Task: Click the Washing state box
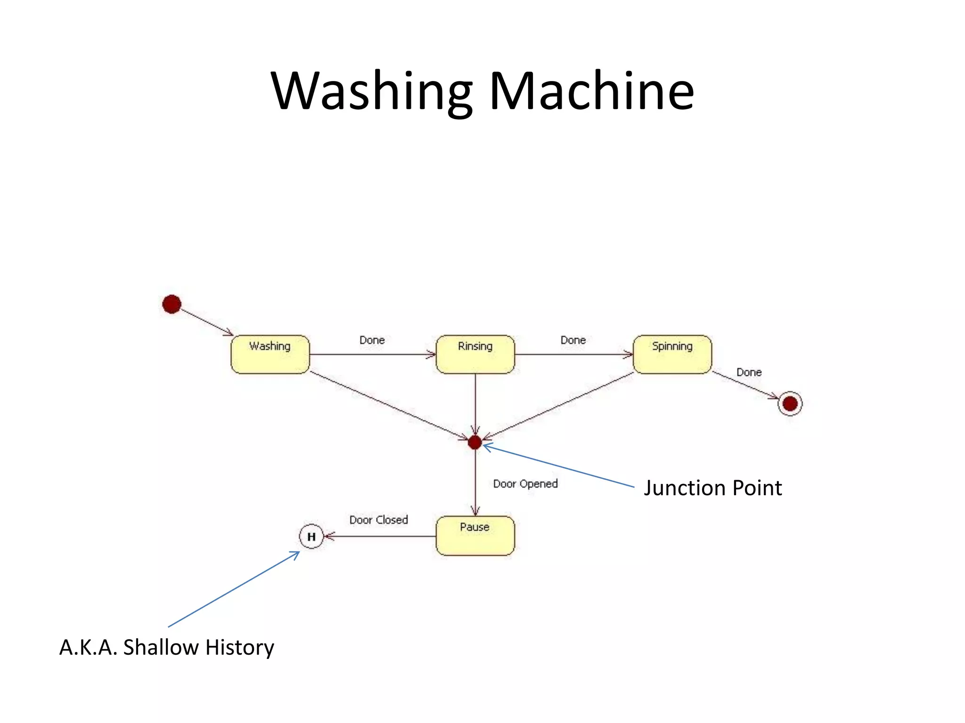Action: [270, 354]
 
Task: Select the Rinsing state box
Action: [475, 354]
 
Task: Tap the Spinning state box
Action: [672, 354]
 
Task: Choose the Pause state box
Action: [475, 536]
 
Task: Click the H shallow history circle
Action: [311, 536]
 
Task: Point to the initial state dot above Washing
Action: [172, 304]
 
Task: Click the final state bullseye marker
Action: [790, 403]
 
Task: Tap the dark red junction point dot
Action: [475, 442]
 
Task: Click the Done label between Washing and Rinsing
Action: [372, 340]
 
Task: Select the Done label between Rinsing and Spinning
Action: [573, 340]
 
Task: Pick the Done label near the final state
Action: [749, 372]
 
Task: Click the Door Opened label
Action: [525, 484]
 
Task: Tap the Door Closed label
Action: [378, 520]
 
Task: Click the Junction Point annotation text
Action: [712, 488]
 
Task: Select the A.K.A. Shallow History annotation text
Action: [166, 648]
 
